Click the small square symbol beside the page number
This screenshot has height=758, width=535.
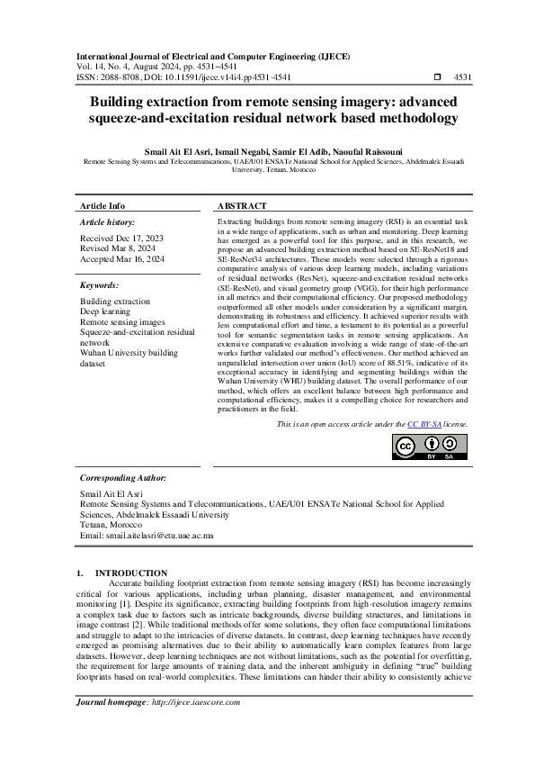[437, 78]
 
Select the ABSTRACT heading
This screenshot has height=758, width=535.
[242, 206]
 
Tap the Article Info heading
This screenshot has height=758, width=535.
[103, 206]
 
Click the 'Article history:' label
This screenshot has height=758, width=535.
[108, 221]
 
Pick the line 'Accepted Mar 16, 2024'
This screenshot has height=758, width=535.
[122, 258]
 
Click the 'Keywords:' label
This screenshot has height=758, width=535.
[99, 284]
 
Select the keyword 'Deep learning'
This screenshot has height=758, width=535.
[106, 311]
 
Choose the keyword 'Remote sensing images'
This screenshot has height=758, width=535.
[122, 321]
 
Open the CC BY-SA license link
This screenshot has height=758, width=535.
[424, 423]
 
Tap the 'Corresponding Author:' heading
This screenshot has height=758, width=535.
[123, 478]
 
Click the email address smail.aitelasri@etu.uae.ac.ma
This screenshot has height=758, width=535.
[159, 535]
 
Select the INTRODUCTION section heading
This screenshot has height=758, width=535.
[131, 573]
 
